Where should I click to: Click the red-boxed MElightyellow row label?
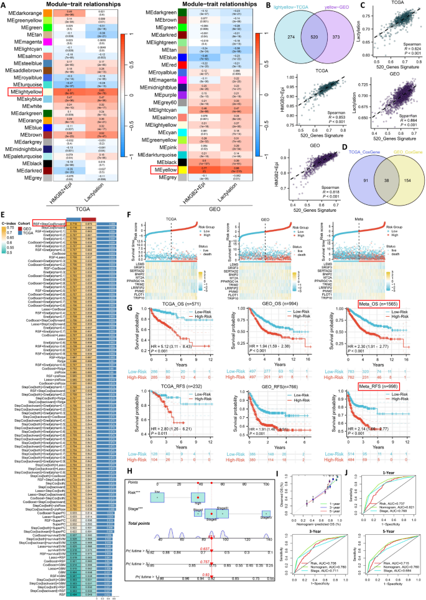pyautogui.click(x=24, y=92)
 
